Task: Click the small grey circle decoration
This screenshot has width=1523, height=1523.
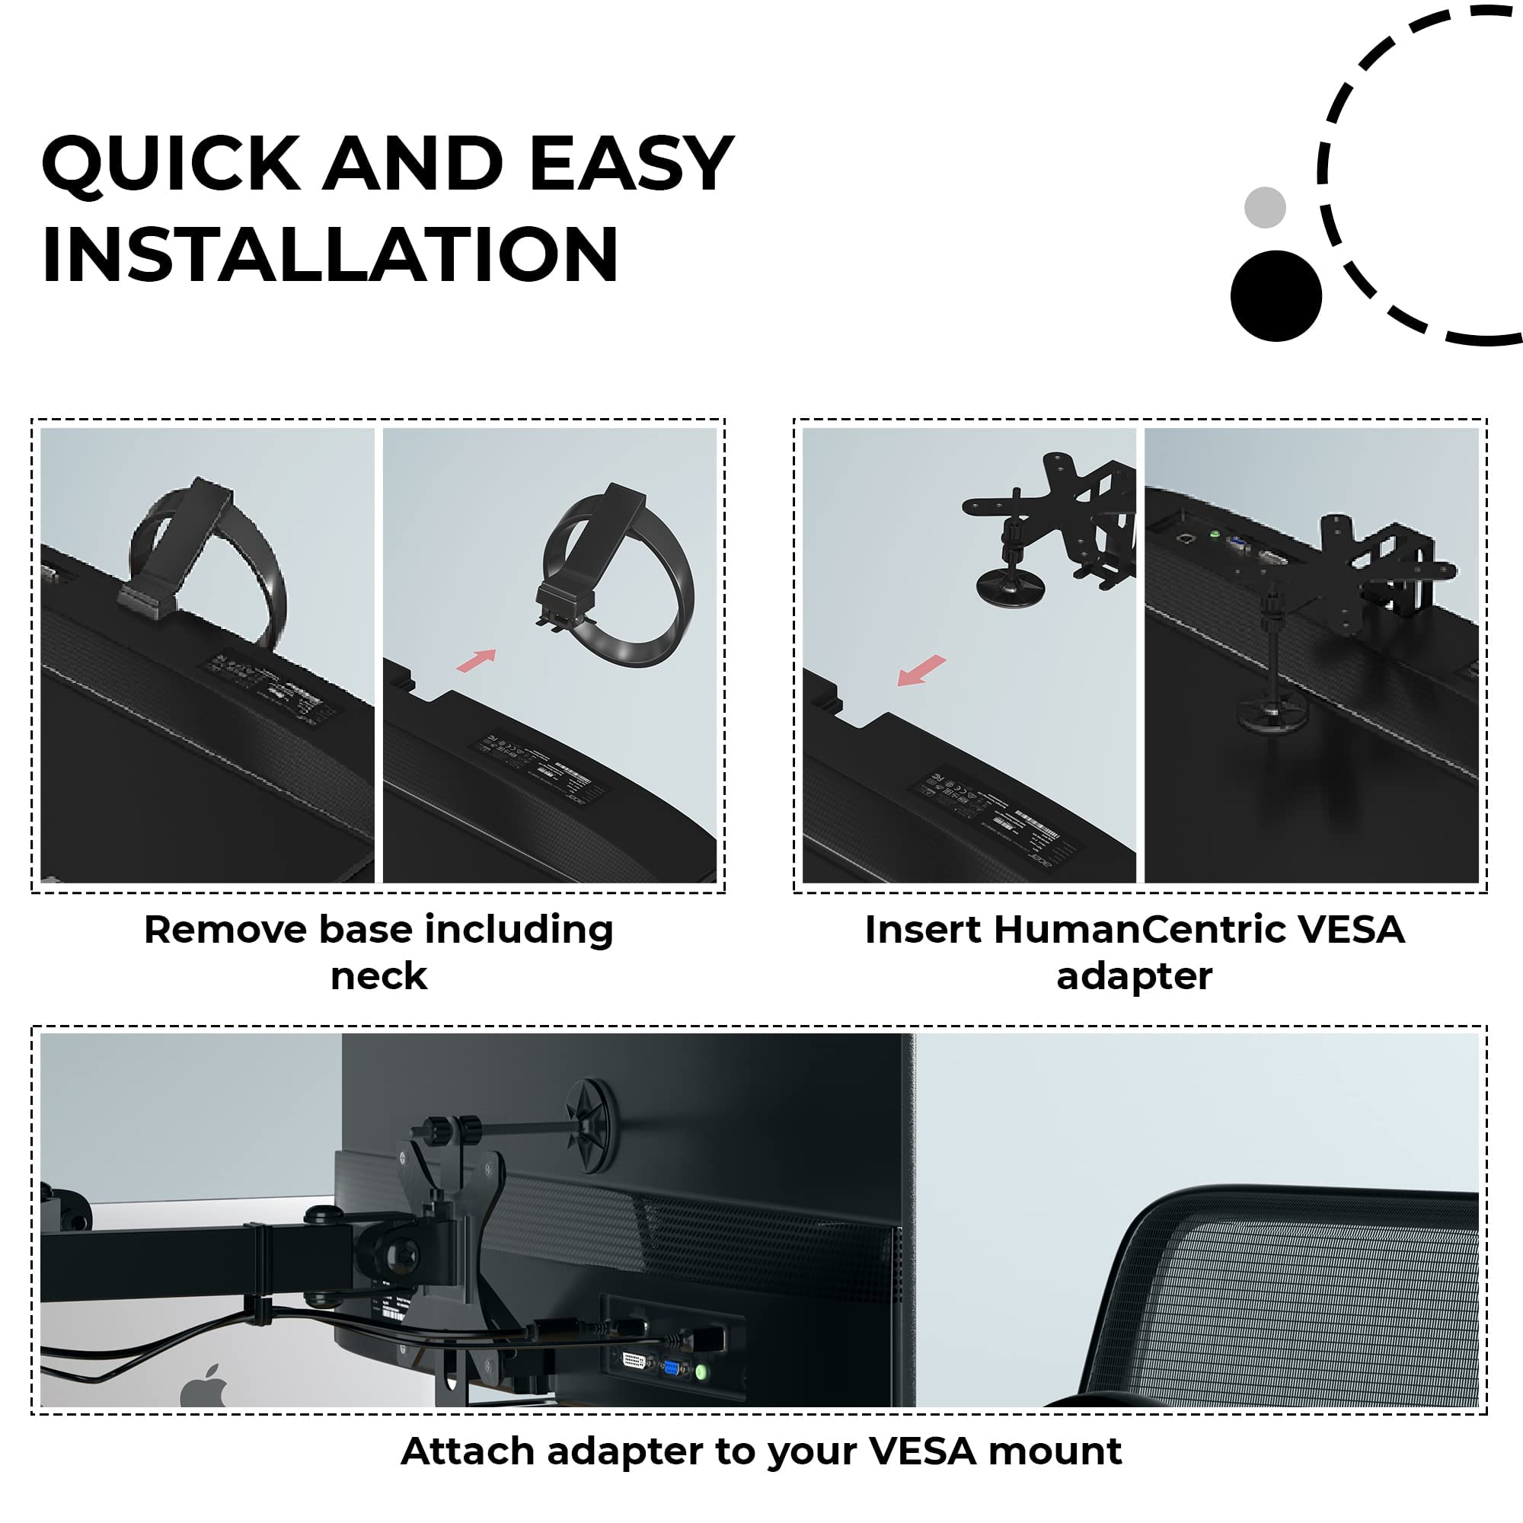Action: pos(1264,207)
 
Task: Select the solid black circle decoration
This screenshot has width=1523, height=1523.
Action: pos(1276,295)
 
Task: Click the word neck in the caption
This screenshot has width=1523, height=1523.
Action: pos(378,976)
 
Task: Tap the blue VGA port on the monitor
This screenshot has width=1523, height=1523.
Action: pos(671,1368)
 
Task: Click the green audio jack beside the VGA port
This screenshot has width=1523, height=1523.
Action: pos(700,1372)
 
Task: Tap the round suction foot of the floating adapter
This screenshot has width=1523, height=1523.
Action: pos(1010,587)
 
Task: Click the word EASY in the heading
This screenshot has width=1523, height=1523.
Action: pos(631,163)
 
